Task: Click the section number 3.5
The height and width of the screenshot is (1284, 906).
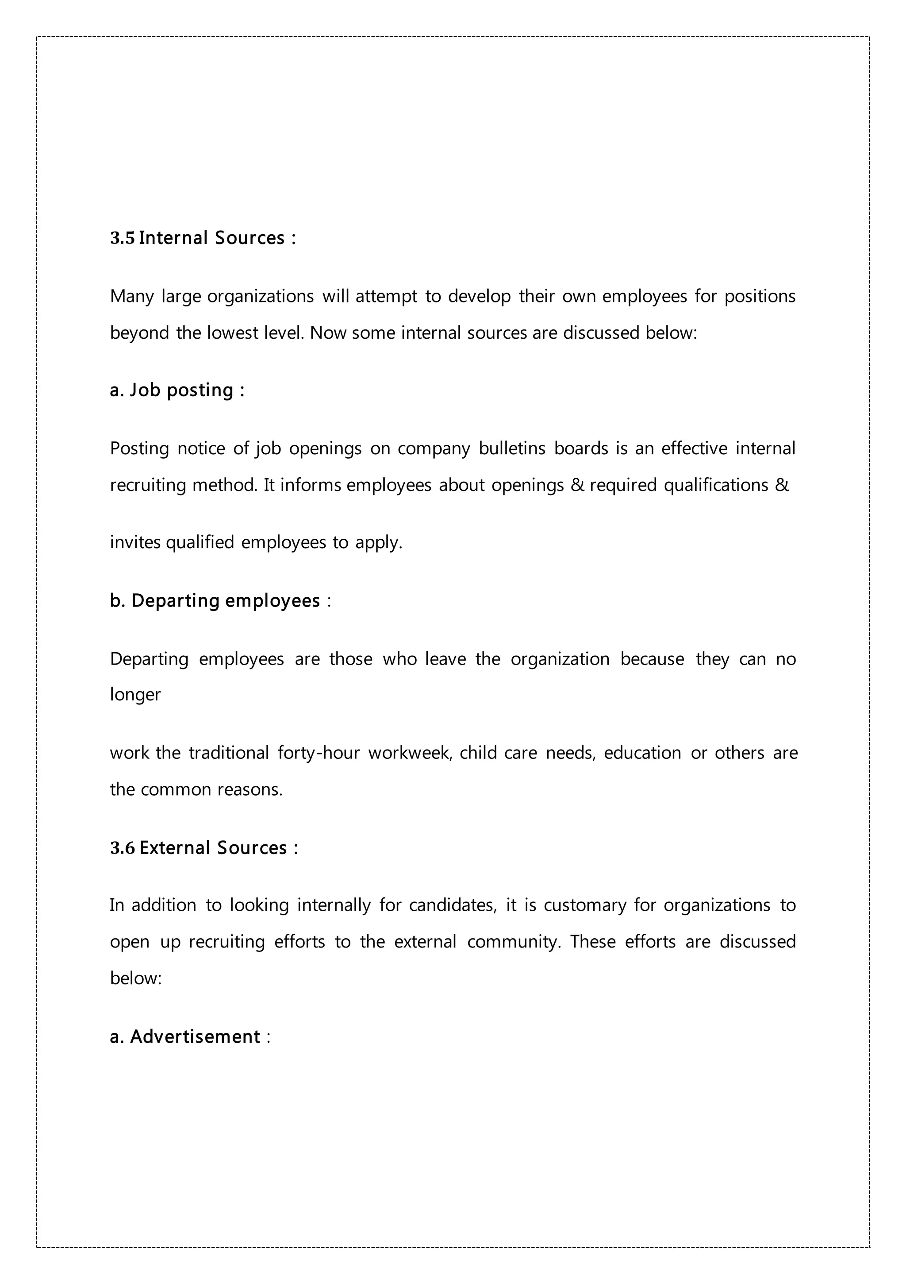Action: point(123,238)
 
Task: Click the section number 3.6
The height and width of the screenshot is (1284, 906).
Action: point(123,848)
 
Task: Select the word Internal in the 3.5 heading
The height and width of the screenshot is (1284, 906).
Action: point(173,238)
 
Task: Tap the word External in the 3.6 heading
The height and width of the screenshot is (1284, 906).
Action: point(174,848)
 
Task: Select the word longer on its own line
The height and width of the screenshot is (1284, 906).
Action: point(135,695)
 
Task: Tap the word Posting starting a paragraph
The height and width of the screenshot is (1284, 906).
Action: point(139,448)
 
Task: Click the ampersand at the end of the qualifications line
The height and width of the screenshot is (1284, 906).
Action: point(782,484)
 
